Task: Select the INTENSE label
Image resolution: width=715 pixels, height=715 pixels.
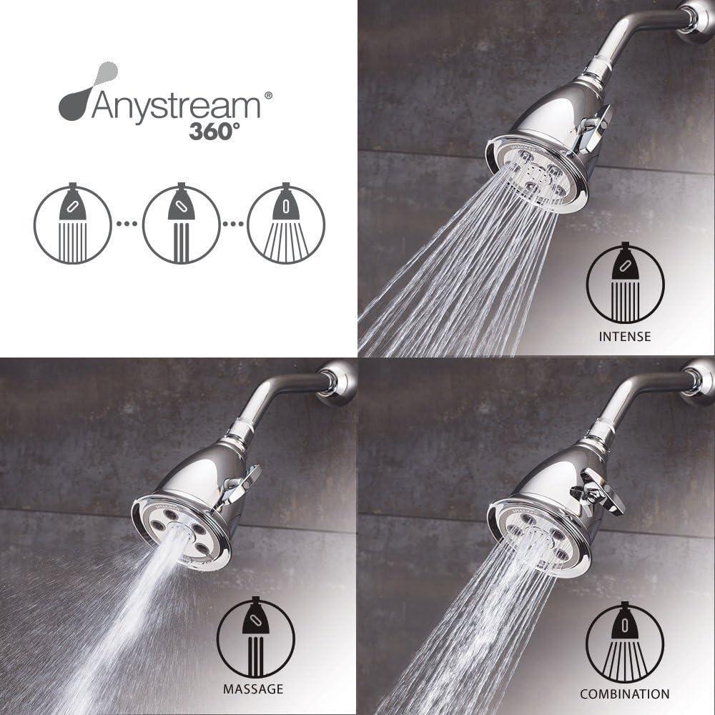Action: tap(625, 336)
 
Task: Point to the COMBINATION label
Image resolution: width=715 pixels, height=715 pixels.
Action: tap(625, 694)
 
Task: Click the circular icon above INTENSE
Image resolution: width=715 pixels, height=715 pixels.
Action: tap(625, 285)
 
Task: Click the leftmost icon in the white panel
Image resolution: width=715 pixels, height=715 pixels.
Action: tap(73, 224)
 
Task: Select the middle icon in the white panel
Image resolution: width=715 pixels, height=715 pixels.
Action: tap(181, 224)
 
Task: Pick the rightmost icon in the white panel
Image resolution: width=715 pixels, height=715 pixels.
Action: tap(286, 224)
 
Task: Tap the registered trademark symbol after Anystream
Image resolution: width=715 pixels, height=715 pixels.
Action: tap(268, 95)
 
